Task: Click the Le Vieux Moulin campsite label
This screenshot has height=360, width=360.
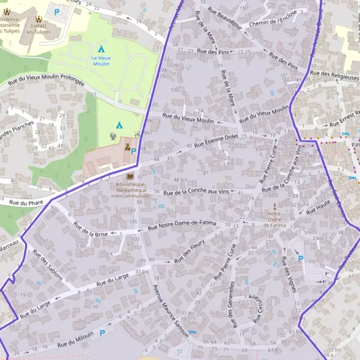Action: (x=101, y=60)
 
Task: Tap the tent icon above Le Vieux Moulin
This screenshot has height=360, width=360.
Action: (x=101, y=49)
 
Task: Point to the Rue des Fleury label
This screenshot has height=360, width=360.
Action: (x=190, y=251)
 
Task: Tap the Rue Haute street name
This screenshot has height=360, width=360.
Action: (x=319, y=208)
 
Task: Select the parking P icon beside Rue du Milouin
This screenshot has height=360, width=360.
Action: (x=102, y=332)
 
